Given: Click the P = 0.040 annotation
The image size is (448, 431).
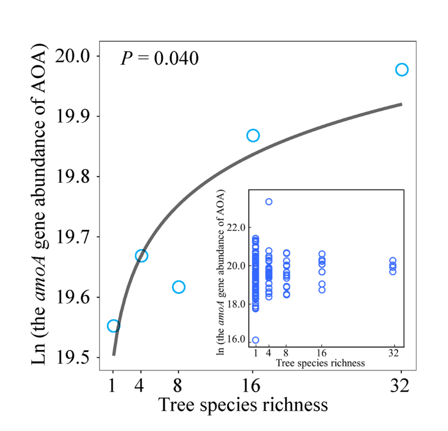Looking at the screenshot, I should point(160,58).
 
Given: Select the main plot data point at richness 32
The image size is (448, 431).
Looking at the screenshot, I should point(401,69).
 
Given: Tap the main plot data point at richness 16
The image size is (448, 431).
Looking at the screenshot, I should point(253,135).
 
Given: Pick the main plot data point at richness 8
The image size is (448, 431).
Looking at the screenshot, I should point(178,287).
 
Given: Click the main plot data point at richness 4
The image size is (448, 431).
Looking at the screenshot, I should point(141,255).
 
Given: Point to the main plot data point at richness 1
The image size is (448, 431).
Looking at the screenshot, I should point(114,325).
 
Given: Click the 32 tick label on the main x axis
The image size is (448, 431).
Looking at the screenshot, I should point(401,386).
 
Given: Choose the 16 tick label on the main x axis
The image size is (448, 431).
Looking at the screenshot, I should point(252,386).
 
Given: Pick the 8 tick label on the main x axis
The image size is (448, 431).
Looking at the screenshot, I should point(178,386).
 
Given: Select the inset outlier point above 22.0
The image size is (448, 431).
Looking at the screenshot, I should point(269,202).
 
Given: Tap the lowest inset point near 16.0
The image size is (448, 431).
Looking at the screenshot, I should point(255,340).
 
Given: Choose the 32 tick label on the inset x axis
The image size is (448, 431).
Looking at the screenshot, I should point(393,353).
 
